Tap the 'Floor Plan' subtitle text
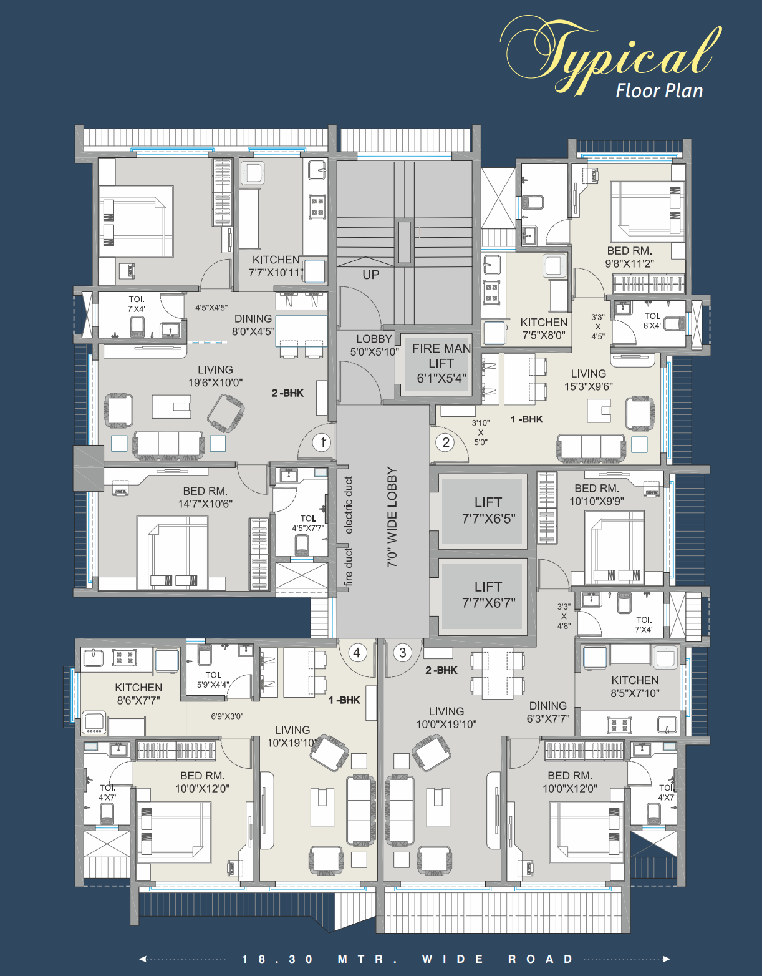tap(659, 91)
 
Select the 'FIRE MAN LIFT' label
tap(441, 363)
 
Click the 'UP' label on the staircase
tap(371, 275)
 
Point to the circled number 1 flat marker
tap(322, 442)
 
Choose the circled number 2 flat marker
tap(445, 442)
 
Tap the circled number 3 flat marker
tap(403, 653)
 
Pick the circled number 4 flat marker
tap(357, 653)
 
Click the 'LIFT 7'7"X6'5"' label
tap(488, 510)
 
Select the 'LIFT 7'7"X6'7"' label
tap(488, 595)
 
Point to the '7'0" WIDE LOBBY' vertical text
tap(392, 517)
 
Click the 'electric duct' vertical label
tap(349, 505)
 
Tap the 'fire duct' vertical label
tap(349, 567)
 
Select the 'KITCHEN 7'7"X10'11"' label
tap(276, 266)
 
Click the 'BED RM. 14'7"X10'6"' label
tap(205, 497)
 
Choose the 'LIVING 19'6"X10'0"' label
tap(215, 376)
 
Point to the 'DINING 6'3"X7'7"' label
tap(547, 712)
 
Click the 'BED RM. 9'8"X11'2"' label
tap(629, 257)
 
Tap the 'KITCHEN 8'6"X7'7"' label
tap(138, 694)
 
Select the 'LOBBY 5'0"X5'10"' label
tap(374, 345)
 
